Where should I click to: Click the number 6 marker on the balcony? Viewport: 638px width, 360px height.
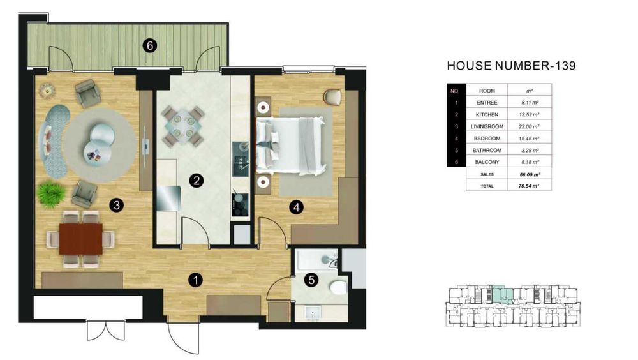click(x=150, y=45)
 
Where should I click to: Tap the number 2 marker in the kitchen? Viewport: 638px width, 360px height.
click(x=196, y=181)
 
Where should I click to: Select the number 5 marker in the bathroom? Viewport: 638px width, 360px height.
click(x=312, y=280)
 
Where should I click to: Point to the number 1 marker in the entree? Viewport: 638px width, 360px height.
click(x=196, y=280)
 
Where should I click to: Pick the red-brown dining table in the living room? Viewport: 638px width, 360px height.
click(x=81, y=239)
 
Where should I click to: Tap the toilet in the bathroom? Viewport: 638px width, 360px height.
click(x=338, y=287)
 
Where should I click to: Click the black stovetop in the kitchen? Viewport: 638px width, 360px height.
click(x=240, y=205)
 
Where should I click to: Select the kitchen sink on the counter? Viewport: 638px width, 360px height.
click(x=241, y=159)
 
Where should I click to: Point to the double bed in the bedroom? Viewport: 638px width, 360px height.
click(x=290, y=146)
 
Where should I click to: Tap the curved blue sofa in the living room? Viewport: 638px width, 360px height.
click(x=52, y=141)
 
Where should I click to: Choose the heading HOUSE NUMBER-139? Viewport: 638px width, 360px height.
click(x=512, y=66)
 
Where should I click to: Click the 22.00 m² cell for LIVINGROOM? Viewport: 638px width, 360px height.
click(x=529, y=126)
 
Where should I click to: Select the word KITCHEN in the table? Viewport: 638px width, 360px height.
click(x=487, y=115)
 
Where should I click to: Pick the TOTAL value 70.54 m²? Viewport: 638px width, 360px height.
click(x=529, y=186)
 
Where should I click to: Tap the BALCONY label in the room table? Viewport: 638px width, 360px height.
click(x=487, y=162)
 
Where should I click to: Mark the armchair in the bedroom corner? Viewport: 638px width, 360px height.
click(x=332, y=96)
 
